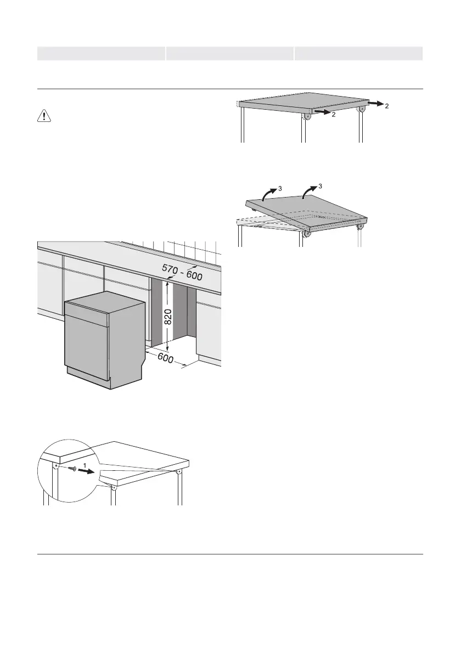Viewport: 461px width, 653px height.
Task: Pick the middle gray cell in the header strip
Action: click(230, 53)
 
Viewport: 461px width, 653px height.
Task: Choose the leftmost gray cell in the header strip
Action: click(101, 53)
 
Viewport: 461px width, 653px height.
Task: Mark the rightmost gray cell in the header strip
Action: click(358, 53)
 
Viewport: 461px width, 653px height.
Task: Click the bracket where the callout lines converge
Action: click(178, 471)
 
